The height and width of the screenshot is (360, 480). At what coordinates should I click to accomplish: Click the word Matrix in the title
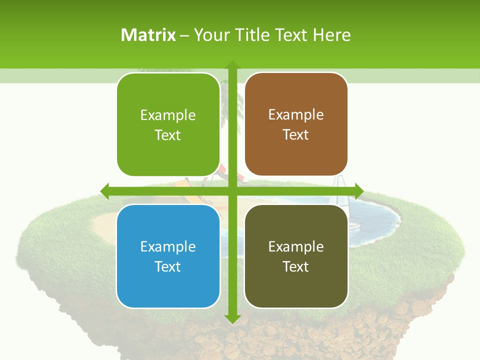point(148,34)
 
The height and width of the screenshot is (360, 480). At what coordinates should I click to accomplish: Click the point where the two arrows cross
point(232,191)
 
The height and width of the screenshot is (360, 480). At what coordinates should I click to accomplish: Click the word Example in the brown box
point(296,114)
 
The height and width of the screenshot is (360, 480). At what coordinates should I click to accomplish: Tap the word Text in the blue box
point(168,266)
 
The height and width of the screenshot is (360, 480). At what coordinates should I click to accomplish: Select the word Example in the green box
point(168,115)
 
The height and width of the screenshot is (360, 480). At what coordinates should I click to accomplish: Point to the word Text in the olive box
point(296,266)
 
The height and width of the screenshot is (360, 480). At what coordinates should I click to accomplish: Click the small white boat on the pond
point(354,226)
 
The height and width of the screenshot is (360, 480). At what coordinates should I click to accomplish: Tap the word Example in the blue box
point(168,246)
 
